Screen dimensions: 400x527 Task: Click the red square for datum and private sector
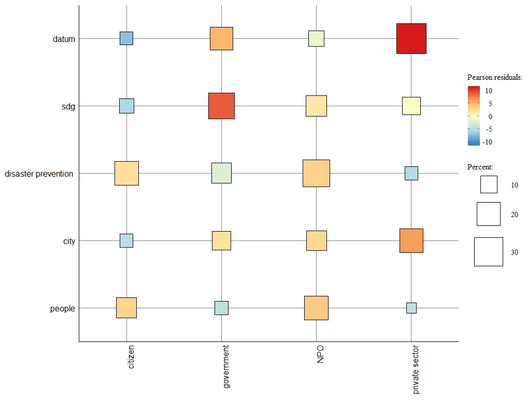click(411, 38)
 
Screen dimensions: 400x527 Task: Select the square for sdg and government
click(221, 106)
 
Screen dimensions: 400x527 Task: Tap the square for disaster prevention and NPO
click(316, 173)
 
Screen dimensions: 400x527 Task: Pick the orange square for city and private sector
click(411, 240)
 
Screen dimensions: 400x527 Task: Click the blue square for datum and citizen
click(126, 38)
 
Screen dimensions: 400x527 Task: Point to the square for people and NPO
click(316, 308)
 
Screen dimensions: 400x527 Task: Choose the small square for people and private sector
click(411, 308)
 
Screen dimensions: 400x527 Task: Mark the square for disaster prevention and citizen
click(126, 173)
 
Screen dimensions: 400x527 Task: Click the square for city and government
click(221, 240)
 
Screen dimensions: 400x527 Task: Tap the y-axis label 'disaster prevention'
click(39, 174)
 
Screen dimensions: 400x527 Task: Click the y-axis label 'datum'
click(64, 39)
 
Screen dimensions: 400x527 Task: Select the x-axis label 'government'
click(226, 367)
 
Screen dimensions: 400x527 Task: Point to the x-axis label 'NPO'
click(320, 356)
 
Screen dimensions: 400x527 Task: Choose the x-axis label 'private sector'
click(416, 370)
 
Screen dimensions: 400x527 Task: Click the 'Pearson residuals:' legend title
click(494, 78)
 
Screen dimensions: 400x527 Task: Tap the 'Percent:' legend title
click(480, 167)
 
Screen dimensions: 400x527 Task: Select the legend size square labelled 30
click(488, 252)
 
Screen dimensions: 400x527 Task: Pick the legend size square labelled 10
click(488, 184)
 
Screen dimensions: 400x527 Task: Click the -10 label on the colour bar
click(487, 142)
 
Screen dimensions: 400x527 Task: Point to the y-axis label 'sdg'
click(68, 107)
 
